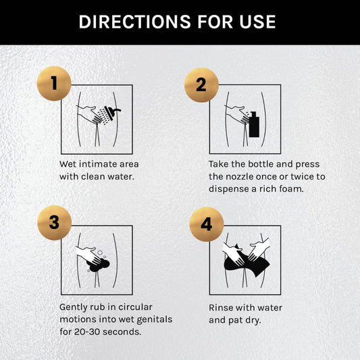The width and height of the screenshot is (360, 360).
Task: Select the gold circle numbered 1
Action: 54,83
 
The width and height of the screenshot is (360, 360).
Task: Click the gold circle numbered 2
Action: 201,85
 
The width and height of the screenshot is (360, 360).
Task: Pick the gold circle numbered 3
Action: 55,223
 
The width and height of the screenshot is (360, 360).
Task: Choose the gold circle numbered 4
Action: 207,224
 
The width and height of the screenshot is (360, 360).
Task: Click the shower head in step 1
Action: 112,113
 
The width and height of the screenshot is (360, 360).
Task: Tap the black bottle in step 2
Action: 254,124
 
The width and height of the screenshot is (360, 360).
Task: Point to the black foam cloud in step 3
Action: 98,265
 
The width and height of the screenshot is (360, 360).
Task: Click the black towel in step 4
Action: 247,262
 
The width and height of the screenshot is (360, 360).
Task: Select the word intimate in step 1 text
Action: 99,164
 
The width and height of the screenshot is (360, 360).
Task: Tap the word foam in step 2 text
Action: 291,189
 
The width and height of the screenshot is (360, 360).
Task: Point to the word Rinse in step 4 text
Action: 220,307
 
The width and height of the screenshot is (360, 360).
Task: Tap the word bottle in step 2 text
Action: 261,164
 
